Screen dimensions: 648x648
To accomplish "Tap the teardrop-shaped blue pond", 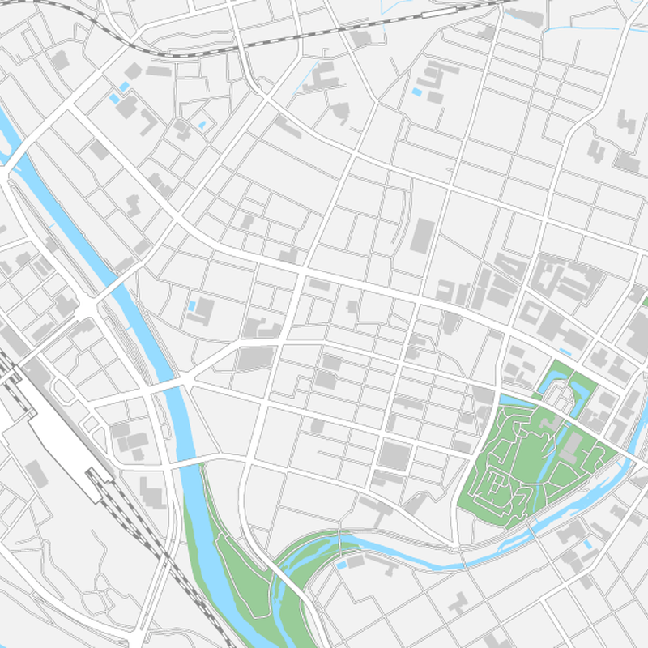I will [202, 126].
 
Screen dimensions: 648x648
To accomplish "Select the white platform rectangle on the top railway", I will [437, 14].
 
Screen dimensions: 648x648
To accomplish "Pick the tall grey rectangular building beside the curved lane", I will [421, 235].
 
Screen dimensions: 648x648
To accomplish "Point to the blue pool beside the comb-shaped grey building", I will [416, 92].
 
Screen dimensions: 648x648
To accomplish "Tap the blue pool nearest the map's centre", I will [192, 306].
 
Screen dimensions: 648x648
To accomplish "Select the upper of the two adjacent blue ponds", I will [125, 86].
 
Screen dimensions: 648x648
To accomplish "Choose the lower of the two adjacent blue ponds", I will [115, 98].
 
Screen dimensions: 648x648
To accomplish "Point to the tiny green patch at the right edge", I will [645, 301].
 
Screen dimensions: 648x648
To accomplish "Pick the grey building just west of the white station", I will [36, 472].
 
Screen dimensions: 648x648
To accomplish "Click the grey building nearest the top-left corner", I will [60, 60].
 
